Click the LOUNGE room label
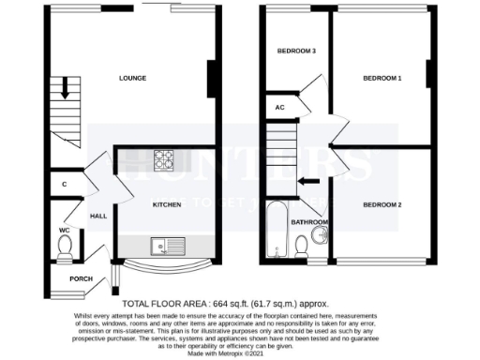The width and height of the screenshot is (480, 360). click(x=131, y=79)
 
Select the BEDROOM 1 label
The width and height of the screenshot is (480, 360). click(x=382, y=79)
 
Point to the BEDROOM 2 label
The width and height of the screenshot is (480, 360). click(x=382, y=204)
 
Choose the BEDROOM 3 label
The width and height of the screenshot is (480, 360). click(x=295, y=51)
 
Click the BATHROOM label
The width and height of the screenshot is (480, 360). click(x=309, y=223)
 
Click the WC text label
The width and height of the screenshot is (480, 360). click(x=64, y=229)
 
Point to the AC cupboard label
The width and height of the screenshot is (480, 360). click(x=279, y=108)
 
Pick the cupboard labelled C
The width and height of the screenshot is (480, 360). click(x=65, y=185)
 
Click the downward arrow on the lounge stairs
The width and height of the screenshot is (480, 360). click(x=67, y=91)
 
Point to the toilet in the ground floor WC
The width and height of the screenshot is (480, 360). click(x=65, y=247)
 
